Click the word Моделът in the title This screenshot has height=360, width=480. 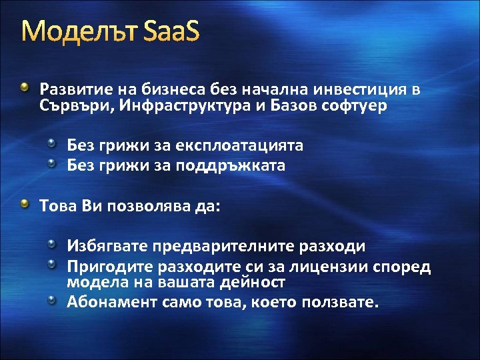click(79, 31)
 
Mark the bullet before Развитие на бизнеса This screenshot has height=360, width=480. click(25, 88)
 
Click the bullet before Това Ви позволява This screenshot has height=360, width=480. click(25, 204)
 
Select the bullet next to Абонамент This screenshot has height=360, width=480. click(51, 301)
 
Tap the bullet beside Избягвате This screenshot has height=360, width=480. click(51, 245)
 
